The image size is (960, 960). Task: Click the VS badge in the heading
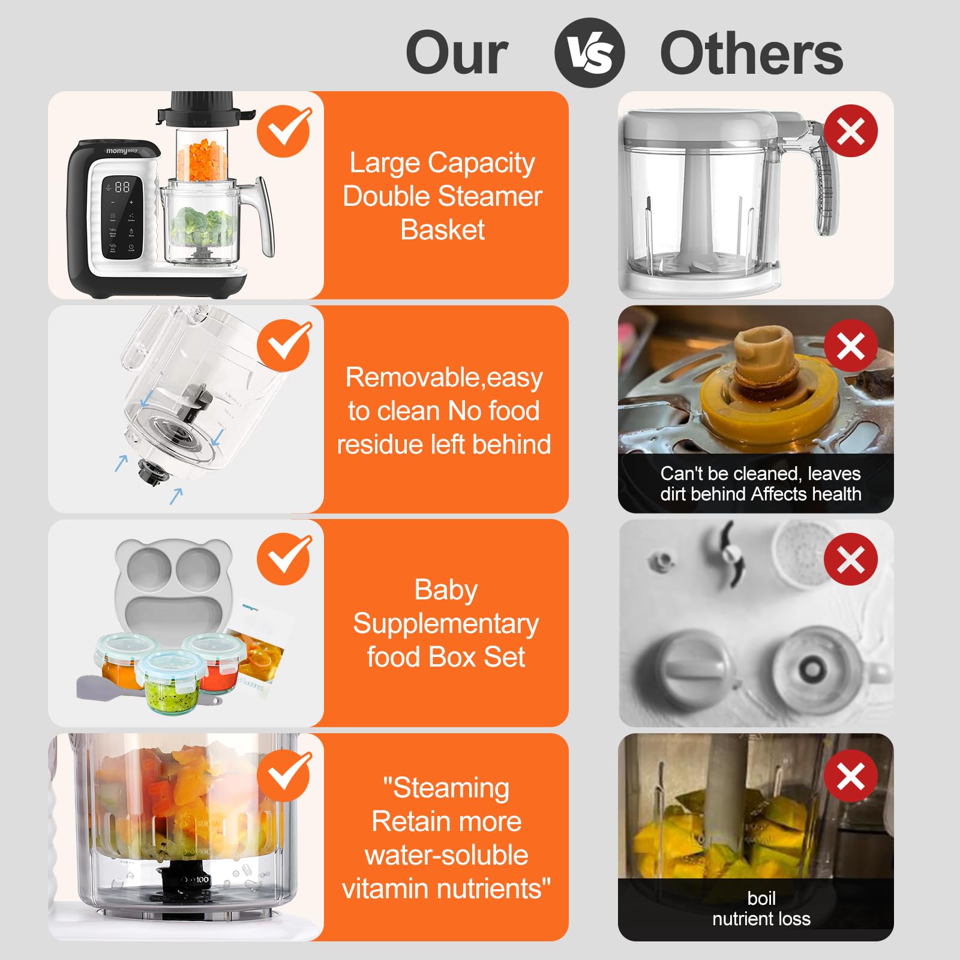pos(589,53)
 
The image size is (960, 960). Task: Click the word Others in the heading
pos(751,54)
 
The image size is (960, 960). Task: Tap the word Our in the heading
pos(457,54)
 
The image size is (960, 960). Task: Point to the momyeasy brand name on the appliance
pos(122,151)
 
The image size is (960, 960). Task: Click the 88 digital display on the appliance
pos(122,187)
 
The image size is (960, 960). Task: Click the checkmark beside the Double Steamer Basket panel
pos(284,131)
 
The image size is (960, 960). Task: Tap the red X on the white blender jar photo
pos(851,131)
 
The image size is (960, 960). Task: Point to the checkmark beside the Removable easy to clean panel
pos(284,345)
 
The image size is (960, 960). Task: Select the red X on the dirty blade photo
pos(851,346)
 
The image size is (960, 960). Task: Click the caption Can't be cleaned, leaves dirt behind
pos(761,484)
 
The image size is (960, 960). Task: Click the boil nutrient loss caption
pos(761,908)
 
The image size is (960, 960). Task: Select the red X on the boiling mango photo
pos(851,776)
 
